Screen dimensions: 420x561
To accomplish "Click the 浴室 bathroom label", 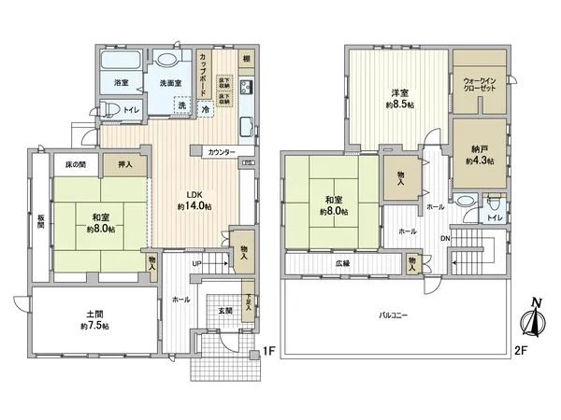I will coord(121,83).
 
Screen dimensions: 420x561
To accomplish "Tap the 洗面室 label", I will coord(170,83).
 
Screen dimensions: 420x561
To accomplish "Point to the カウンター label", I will coord(222,151).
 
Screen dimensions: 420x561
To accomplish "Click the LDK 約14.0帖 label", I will coord(194,200).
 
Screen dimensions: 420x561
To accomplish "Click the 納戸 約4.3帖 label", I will coord(479,154).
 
